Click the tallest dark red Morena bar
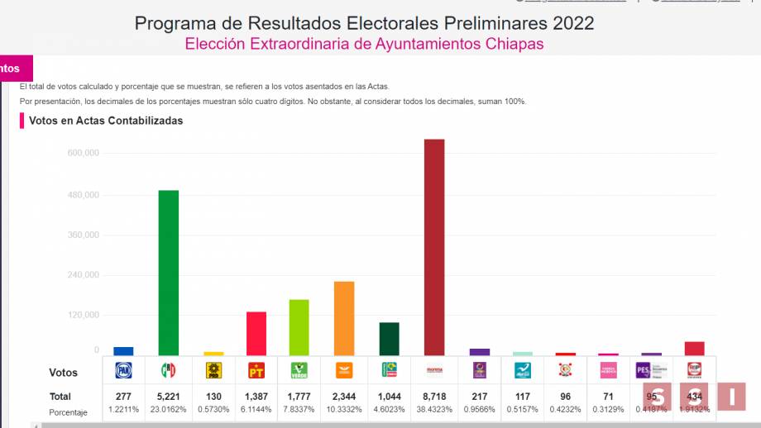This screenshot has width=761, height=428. click(x=434, y=247)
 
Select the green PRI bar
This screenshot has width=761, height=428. click(x=169, y=273)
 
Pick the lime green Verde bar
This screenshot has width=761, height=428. click(x=299, y=327)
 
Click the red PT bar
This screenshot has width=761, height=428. click(x=256, y=333)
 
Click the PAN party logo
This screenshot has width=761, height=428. click(x=124, y=371)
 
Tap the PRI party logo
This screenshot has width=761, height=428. click(x=169, y=371)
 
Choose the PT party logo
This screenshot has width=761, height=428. click(x=256, y=371)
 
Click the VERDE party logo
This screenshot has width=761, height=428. click(x=299, y=371)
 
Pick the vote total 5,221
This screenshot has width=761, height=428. click(x=169, y=397)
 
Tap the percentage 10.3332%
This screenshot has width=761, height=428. click(x=344, y=409)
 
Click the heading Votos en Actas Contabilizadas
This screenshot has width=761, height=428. click(x=106, y=121)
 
